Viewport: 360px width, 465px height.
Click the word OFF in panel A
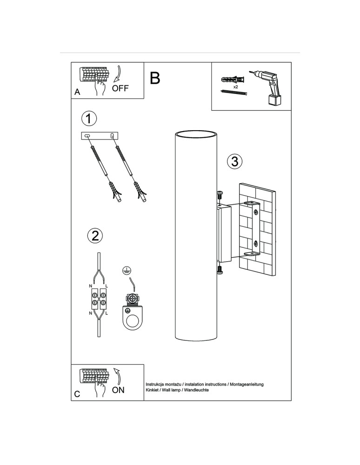(x=120, y=88)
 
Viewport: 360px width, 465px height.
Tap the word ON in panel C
(x=118, y=390)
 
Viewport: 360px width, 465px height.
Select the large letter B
(x=155, y=78)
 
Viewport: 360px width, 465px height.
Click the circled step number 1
(x=89, y=118)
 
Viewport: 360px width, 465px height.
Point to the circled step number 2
(x=95, y=236)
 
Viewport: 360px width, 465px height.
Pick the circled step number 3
(x=234, y=161)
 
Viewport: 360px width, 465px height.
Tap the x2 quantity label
(x=235, y=87)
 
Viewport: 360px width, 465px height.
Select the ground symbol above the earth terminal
(x=127, y=271)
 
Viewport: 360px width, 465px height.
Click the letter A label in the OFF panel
(x=77, y=92)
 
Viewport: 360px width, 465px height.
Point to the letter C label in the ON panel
(x=77, y=394)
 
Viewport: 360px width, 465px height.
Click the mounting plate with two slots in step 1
(x=100, y=135)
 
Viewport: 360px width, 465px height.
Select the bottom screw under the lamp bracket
(x=220, y=270)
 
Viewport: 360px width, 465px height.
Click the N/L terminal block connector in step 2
(x=99, y=299)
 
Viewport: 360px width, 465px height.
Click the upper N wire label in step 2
(x=90, y=286)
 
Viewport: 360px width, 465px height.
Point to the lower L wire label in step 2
(x=107, y=313)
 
